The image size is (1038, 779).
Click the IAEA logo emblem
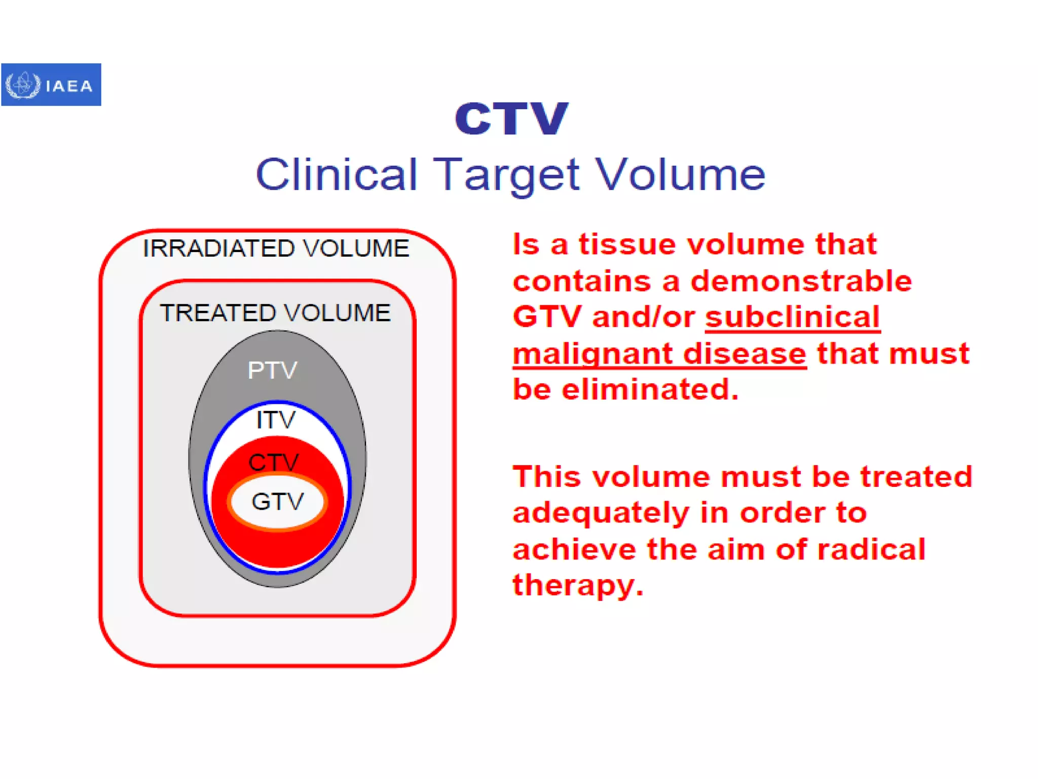pyautogui.click(x=22, y=85)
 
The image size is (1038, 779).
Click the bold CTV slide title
pyautogui.click(x=511, y=119)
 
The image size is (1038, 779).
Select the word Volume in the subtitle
pyautogui.click(x=680, y=174)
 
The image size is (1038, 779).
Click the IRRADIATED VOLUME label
pyautogui.click(x=276, y=249)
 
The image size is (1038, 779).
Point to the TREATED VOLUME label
pyautogui.click(x=275, y=313)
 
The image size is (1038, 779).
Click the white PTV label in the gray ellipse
pyautogui.click(x=272, y=370)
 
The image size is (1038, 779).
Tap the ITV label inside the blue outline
pyautogui.click(x=275, y=420)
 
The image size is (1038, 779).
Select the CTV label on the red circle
pyautogui.click(x=274, y=462)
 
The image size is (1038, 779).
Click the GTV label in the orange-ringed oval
pyautogui.click(x=277, y=502)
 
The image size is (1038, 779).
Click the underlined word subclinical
pyautogui.click(x=792, y=317)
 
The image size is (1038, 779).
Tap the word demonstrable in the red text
pyautogui.click(x=801, y=281)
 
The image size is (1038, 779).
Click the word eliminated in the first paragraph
pyautogui.click(x=650, y=389)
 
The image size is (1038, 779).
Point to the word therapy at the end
pyautogui.click(x=577, y=585)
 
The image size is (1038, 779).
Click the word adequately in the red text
pyautogui.click(x=600, y=513)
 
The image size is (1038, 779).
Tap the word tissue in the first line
pyautogui.click(x=627, y=244)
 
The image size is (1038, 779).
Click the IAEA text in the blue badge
pyautogui.click(x=69, y=86)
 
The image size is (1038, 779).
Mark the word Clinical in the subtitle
pyautogui.click(x=337, y=174)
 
